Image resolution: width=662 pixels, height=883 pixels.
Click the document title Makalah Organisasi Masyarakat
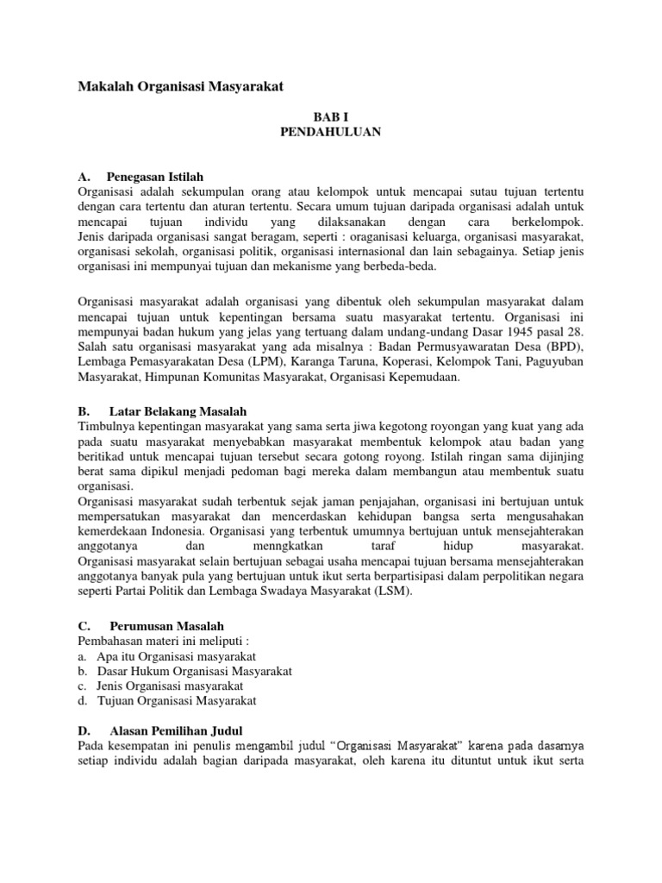point(180,86)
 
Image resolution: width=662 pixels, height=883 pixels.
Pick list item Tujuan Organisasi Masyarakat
point(177,701)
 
